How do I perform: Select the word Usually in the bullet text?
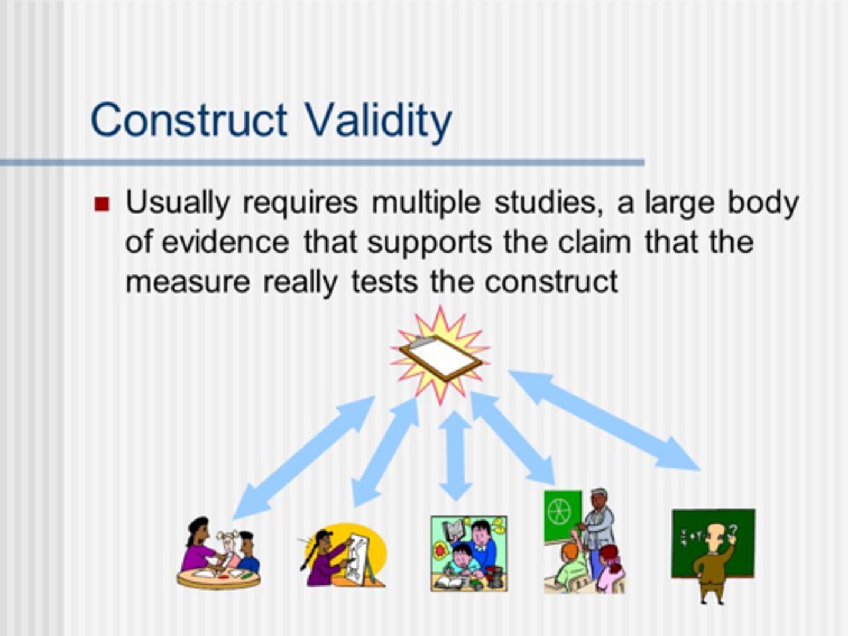[x=177, y=203]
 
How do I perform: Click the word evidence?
[x=225, y=242]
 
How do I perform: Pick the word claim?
[x=594, y=242]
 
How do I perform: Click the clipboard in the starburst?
[x=441, y=357]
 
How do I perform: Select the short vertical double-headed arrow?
[x=456, y=456]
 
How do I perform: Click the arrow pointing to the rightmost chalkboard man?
[x=604, y=420]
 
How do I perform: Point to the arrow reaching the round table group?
[x=304, y=458]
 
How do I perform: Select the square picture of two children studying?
[x=469, y=554]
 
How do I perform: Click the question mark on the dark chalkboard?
[x=732, y=530]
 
